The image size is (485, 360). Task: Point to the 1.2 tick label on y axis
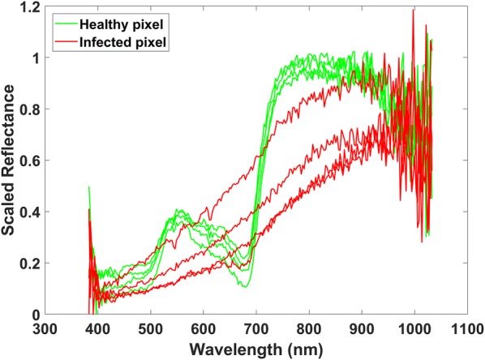pos(30,7)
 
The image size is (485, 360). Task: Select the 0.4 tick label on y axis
pos(30,212)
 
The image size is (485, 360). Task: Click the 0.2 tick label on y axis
pos(30,264)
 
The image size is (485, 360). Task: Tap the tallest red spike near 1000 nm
pos(414,11)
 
